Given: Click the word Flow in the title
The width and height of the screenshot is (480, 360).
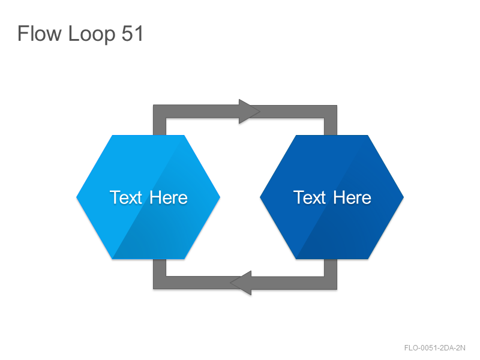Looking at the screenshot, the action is coord(40,33).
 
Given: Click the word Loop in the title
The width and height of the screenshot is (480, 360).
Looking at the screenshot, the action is coord(92,34).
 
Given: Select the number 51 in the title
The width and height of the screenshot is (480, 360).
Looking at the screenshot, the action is coord(132,33).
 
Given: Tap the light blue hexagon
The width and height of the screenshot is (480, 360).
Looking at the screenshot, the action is coord(148,197).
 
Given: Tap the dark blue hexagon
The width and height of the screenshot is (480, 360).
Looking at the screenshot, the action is coord(332,197).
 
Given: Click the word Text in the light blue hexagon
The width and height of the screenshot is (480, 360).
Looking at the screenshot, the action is coord(126,197).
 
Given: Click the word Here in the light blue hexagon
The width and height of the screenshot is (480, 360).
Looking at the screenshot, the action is coord(169,197).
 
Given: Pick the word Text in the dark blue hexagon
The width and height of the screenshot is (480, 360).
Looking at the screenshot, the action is coord(310,197).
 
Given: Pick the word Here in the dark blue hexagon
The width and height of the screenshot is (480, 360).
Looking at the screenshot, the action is coord(352,197).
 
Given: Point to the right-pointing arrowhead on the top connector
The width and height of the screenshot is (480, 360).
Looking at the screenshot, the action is coord(248,112).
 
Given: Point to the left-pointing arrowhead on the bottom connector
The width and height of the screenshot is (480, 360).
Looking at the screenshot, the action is coord(242,283).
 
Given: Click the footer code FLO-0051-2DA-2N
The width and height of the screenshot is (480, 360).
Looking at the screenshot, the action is coord(434,348).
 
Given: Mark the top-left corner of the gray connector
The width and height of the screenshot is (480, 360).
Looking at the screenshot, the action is coord(154,106).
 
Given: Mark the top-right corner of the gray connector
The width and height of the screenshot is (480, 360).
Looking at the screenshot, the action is coord(337,106).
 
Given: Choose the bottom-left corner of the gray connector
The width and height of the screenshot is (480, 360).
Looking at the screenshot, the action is coord(154,289).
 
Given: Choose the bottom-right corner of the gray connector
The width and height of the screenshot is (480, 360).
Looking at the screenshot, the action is coord(337,289).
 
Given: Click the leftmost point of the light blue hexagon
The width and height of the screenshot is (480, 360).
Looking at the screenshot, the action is coord(77,197).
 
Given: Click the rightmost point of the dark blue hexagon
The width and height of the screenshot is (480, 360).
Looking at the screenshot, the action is coord(403,197).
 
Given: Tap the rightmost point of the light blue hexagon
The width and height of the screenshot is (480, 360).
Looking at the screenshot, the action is coord(220,197).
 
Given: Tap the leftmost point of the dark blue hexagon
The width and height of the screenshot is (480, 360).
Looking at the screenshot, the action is coord(260,197).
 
